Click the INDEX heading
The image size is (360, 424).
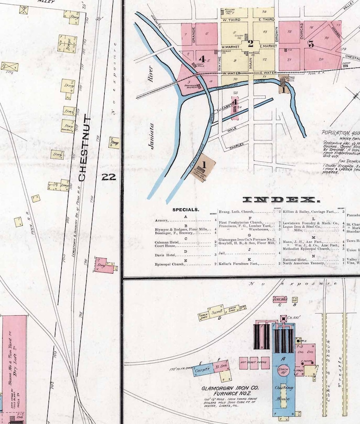point(282,200)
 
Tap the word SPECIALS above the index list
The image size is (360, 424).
point(185,210)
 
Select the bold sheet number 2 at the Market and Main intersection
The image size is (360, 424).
point(250,44)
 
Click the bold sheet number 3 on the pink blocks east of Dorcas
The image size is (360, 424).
point(311,44)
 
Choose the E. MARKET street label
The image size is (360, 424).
point(268,46)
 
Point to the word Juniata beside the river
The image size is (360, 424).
point(154,136)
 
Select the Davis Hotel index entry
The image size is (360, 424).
point(166,255)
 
